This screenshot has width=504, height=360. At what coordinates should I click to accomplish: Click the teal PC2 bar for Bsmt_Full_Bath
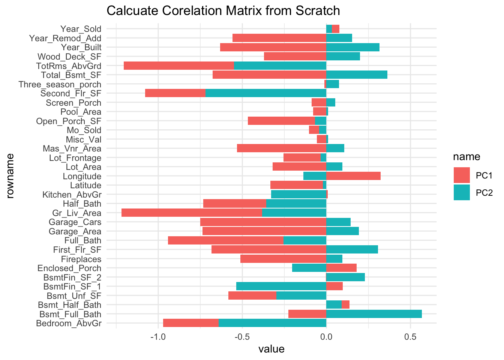click(374, 314)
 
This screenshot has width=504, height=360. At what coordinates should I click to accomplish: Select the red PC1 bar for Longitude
click(353, 176)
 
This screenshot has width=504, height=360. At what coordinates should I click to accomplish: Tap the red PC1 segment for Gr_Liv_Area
click(192, 213)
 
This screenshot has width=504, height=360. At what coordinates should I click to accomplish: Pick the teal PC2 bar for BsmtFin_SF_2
click(345, 277)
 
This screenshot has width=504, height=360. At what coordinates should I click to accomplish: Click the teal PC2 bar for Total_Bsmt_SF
click(357, 75)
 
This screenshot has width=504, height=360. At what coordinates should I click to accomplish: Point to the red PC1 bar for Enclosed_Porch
click(341, 268)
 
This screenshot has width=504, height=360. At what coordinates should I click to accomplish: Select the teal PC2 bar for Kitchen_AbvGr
click(298, 194)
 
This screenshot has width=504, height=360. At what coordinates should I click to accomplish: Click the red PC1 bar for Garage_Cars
click(263, 222)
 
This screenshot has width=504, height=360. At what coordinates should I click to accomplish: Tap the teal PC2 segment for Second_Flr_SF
click(265, 93)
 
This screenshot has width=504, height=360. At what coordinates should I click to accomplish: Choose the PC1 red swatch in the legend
click(462, 175)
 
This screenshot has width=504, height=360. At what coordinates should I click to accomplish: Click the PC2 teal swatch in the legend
click(462, 192)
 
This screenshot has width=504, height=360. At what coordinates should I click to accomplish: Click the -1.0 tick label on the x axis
click(158, 336)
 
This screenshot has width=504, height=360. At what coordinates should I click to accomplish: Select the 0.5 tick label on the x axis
click(410, 336)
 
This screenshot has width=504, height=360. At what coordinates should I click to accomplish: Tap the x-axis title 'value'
click(271, 349)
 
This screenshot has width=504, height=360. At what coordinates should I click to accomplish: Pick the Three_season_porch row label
click(60, 84)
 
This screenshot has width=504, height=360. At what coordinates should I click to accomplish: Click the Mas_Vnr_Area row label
click(72, 148)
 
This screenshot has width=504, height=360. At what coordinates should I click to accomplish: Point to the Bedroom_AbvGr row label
click(69, 323)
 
